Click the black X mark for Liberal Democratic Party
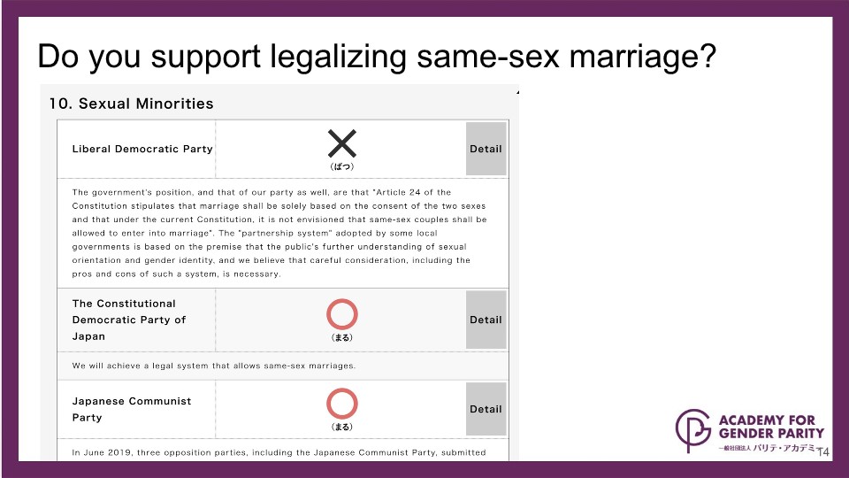coord(342,143)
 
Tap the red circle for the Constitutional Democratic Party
coord(342,300)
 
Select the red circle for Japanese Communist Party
coord(342,389)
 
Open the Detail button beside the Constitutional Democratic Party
coord(486,320)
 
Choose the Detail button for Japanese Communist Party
coord(486,409)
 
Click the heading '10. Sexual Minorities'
coord(132,104)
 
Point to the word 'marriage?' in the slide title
coord(643,57)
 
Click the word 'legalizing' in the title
coord(339,57)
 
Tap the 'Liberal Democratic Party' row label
coord(142,149)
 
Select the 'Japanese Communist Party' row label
coord(132,409)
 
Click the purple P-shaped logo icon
coord(692,430)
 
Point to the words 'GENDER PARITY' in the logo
coord(771,434)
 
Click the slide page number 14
coord(823,452)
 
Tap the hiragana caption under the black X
coord(342,167)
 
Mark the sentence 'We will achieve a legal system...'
coord(214,366)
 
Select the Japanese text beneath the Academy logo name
coord(767,448)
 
